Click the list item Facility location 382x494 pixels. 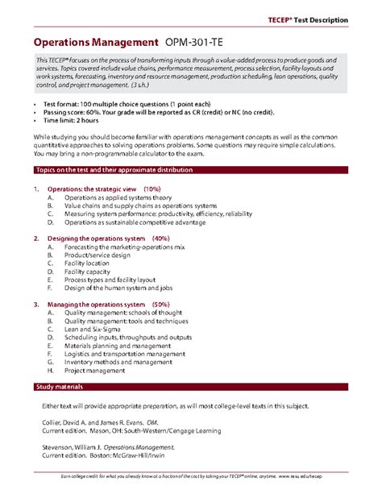pos(87,264)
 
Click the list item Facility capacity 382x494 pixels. pos(87,272)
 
